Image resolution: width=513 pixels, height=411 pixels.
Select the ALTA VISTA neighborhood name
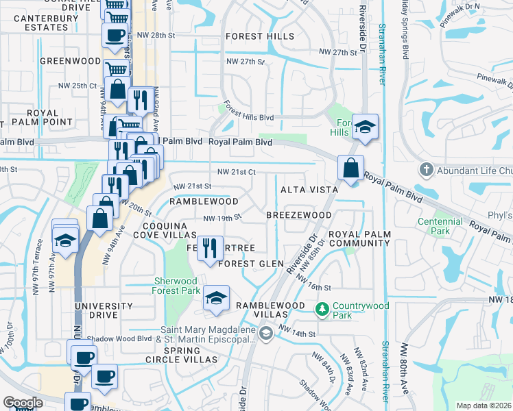pos(309,189)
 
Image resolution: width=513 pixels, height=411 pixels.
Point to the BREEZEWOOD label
pos(299,215)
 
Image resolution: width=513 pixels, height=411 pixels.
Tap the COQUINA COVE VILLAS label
pos(169,230)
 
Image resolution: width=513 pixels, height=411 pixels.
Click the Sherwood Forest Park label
pos(176,286)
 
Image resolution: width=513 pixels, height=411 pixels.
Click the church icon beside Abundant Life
pos(426,169)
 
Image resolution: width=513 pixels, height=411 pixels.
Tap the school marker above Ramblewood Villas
pos(216,299)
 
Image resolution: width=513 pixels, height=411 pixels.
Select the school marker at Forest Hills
pos(366,127)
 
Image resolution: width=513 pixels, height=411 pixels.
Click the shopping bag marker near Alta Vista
pos(350,168)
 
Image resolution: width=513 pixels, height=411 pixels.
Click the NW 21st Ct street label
pos(237,172)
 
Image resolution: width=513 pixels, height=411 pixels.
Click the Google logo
pos(23,403)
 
